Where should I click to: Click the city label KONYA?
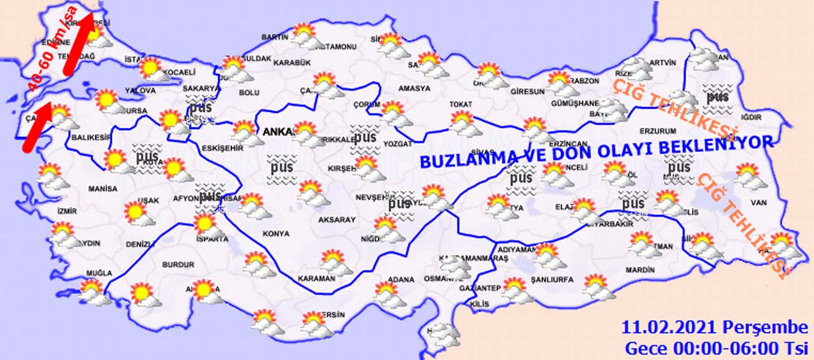(x=275, y=233)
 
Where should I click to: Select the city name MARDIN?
(x=640, y=270)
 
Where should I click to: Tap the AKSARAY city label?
(x=337, y=219)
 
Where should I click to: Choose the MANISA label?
(x=103, y=189)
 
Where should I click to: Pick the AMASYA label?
(x=413, y=88)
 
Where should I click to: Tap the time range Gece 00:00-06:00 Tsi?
(x=716, y=349)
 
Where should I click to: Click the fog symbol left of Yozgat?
(x=366, y=137)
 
